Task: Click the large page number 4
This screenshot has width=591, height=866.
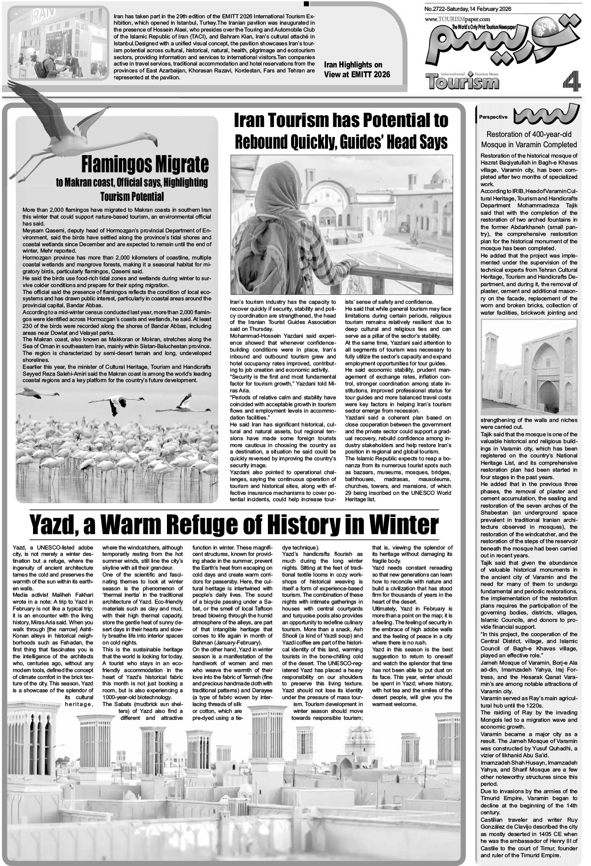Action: pyautogui.click(x=571, y=79)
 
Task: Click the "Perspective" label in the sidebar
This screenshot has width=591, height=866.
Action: pyautogui.click(x=493, y=117)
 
